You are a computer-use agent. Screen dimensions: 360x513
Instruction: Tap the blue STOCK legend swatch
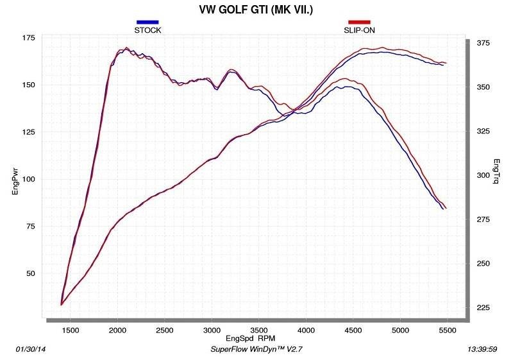pos(147,22)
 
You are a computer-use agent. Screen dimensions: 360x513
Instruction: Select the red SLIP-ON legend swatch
pos(359,22)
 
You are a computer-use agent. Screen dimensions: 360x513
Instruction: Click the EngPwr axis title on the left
pos(15,175)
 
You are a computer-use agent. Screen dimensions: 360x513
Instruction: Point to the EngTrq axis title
pos(497,172)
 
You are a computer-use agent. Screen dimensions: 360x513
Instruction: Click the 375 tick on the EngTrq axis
pos(482,43)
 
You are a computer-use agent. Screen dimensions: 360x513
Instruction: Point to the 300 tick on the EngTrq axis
pos(482,175)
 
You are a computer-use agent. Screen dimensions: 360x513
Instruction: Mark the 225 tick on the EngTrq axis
pos(482,308)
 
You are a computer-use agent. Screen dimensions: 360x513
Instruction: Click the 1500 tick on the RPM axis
pos(70,330)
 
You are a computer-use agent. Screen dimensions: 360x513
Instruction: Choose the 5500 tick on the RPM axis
pos(447,330)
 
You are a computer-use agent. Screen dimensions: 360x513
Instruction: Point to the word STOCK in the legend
pos(147,30)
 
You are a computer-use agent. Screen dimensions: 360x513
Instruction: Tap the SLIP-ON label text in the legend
pos(359,30)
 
